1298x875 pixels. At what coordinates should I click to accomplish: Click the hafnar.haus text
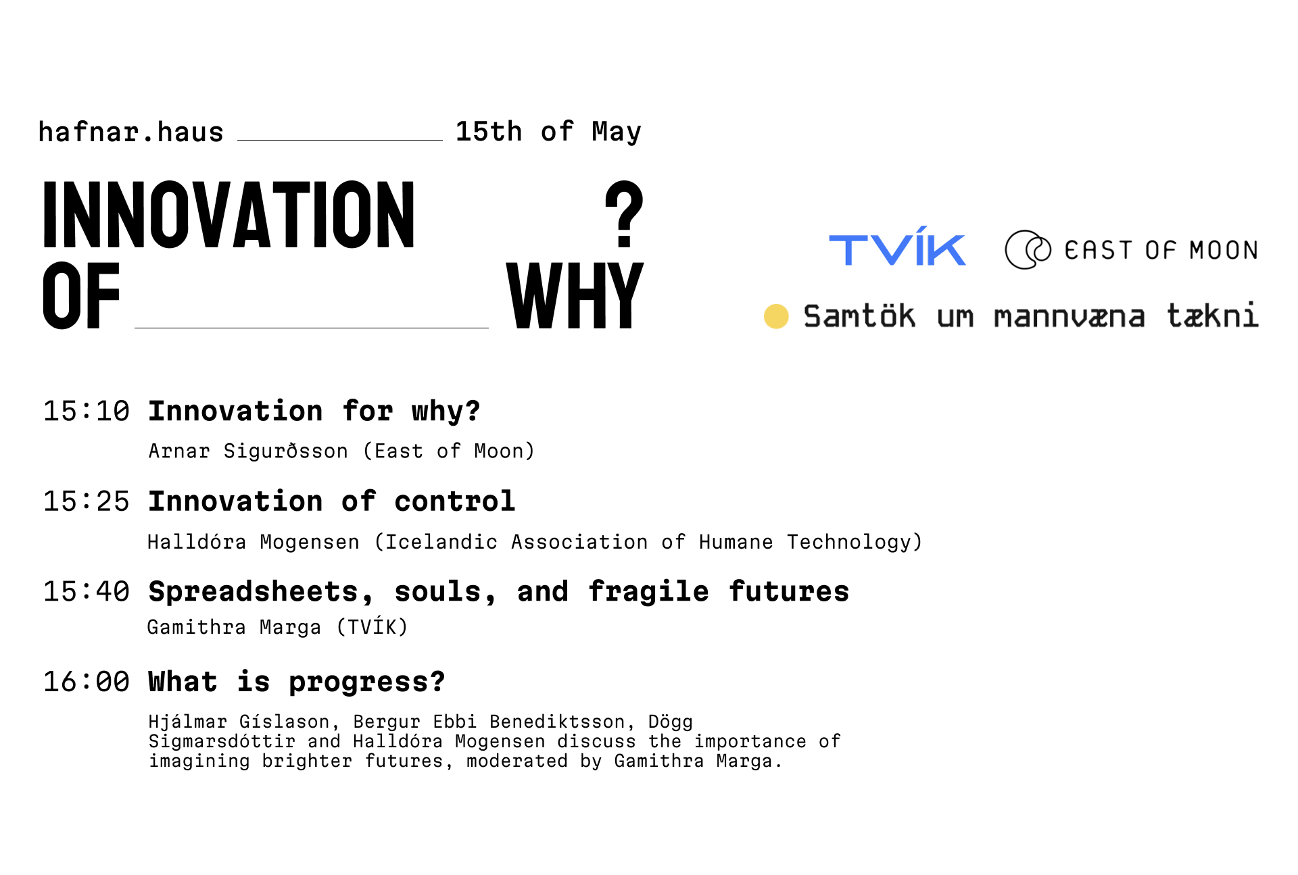pyautogui.click(x=130, y=132)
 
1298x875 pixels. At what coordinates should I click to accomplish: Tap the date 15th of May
pyautogui.click(x=548, y=132)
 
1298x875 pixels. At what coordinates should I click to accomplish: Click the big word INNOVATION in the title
pyautogui.click(x=229, y=215)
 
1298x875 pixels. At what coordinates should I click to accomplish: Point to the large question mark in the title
pyautogui.click(x=624, y=214)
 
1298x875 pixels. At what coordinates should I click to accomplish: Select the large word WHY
pyautogui.click(x=575, y=295)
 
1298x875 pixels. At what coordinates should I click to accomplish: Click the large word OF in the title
pyautogui.click(x=81, y=295)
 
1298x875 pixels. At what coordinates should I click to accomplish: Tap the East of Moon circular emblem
pyautogui.click(x=1028, y=249)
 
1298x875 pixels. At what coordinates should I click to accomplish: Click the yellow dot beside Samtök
pyautogui.click(x=776, y=316)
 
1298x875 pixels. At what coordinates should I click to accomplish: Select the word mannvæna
pyautogui.click(x=1069, y=317)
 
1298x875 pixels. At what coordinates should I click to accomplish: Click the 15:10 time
pyautogui.click(x=86, y=411)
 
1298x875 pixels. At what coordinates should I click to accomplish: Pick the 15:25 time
pyautogui.click(x=86, y=501)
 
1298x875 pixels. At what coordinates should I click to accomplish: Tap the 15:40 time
pyautogui.click(x=86, y=591)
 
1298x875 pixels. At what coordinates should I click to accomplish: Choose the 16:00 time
pyautogui.click(x=86, y=681)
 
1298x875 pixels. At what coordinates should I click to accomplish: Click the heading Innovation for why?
pyautogui.click(x=314, y=411)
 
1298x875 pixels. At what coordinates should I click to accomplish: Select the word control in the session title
pyautogui.click(x=455, y=501)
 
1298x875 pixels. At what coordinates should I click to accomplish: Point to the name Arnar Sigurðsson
pyautogui.click(x=248, y=451)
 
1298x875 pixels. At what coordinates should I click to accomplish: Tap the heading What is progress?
pyautogui.click(x=297, y=682)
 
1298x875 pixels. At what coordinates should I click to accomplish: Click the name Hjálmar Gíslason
pyautogui.click(x=239, y=722)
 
